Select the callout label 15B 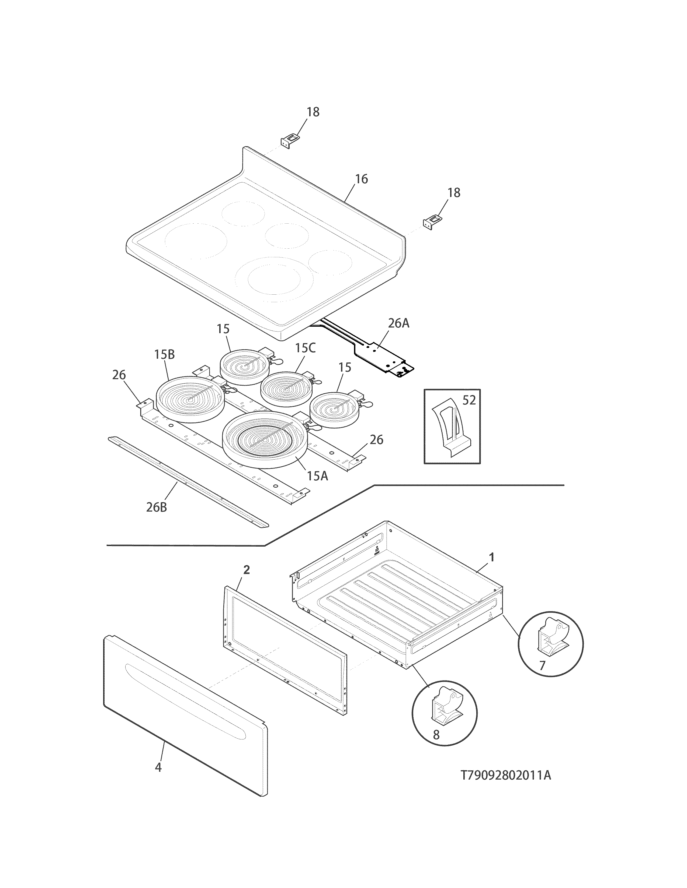pos(164,355)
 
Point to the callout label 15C pos(305,348)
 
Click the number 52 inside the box pos(469,400)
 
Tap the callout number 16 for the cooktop pos(361,179)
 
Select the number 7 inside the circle pos(542,665)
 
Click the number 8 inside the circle pos(436,735)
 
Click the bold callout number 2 pos(246,570)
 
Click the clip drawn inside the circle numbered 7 pos(551,639)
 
